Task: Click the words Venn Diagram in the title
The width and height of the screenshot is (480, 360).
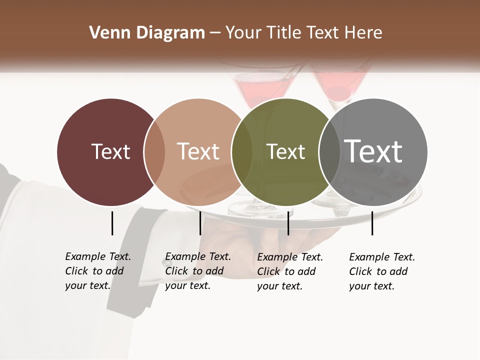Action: click(x=146, y=33)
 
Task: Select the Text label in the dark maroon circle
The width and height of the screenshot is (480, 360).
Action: click(x=110, y=151)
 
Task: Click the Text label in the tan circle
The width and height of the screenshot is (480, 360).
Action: click(x=198, y=151)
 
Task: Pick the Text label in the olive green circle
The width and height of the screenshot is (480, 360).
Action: click(x=285, y=151)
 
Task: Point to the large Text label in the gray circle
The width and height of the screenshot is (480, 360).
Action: click(x=373, y=151)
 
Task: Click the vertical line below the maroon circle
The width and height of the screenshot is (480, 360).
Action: click(x=112, y=223)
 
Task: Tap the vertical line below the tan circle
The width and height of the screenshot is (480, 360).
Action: click(x=200, y=223)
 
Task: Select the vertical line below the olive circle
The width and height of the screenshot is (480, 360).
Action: click(x=288, y=223)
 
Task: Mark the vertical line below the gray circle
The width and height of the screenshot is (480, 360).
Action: click(x=372, y=223)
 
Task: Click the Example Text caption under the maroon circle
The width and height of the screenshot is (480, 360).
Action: click(x=98, y=271)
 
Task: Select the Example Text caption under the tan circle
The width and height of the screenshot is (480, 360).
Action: click(x=198, y=271)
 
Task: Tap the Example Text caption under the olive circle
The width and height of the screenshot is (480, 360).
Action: click(x=290, y=271)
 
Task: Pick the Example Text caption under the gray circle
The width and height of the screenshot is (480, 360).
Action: click(x=382, y=271)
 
